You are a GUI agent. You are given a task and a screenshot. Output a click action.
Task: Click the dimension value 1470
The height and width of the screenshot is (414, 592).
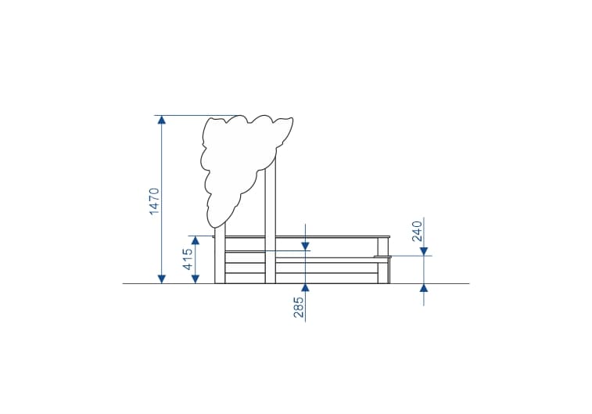point(155,201)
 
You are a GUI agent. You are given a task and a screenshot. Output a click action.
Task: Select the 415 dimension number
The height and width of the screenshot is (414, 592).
point(188,259)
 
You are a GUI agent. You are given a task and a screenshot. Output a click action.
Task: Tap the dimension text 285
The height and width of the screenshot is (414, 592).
point(299,307)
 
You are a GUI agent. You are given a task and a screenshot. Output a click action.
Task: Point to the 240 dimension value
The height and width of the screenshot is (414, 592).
point(417,231)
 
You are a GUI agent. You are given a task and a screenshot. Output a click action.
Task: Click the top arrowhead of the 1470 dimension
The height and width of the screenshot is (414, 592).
point(162,120)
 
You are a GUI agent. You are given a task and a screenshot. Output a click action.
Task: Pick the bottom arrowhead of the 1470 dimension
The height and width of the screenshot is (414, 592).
point(162,279)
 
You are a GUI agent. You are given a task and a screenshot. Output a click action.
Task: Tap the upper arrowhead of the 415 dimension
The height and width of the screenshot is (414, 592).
point(196,240)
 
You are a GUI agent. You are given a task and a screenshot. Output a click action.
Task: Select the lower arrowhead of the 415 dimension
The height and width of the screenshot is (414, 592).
point(196,279)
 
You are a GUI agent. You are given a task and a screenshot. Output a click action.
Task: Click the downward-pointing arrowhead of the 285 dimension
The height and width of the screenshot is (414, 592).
point(306,246)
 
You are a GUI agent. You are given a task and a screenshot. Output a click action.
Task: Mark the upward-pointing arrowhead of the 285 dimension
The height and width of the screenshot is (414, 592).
point(306,288)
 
